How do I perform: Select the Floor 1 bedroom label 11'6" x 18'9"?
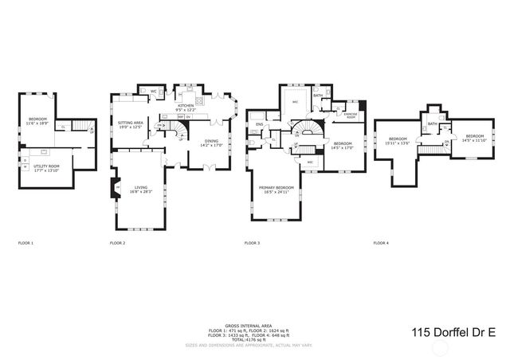pos(37,121)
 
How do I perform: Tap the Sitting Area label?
pos(130,126)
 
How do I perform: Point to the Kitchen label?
pos(186,108)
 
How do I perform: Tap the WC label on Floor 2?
pos(153,91)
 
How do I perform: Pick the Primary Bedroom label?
pos(276,190)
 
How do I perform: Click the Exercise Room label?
pos(350,116)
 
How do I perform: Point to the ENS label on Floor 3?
pos(260,124)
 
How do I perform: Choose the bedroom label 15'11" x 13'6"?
pos(398,142)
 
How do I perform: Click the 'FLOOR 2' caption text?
pos(117,242)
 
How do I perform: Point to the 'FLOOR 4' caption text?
pos(381,242)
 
